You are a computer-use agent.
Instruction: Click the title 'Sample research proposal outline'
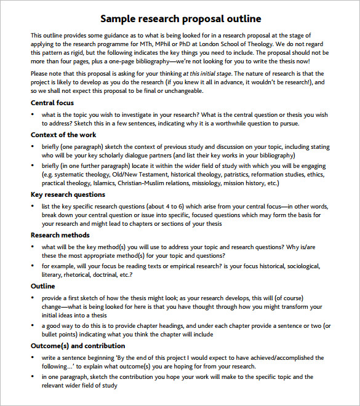180,18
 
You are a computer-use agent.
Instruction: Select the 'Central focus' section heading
52,103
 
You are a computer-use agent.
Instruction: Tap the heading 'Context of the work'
63,135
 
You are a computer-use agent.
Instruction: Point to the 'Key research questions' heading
68,194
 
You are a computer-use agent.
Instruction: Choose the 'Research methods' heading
60,235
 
